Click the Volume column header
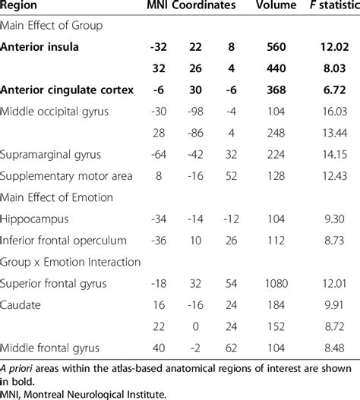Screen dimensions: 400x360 point(271,6)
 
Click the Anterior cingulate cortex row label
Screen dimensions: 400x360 point(68,90)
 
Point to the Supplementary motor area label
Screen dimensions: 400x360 point(67,176)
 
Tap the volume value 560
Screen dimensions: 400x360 point(271,46)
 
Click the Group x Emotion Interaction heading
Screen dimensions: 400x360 point(71,263)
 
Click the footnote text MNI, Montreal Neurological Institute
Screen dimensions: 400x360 point(84,392)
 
